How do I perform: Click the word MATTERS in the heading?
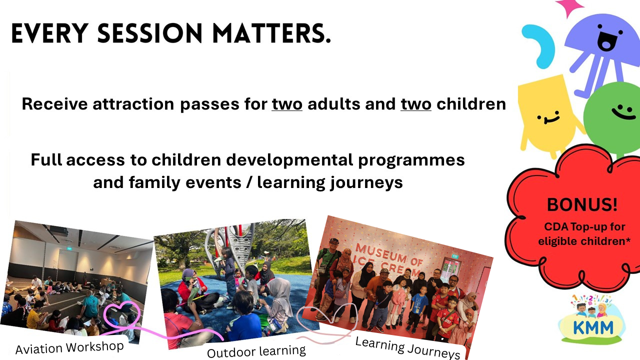[271, 33]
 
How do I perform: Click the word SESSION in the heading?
[149, 33]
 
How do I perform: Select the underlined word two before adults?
[287, 104]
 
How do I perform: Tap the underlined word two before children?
[415, 104]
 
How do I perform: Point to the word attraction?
[133, 104]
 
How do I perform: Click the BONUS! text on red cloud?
[582, 204]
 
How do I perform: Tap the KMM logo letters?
[593, 327]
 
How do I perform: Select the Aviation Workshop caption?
[69, 347]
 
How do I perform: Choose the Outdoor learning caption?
[256, 351]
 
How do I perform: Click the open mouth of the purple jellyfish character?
[605, 41]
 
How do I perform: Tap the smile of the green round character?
[623, 112]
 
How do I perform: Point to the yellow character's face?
[548, 117]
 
